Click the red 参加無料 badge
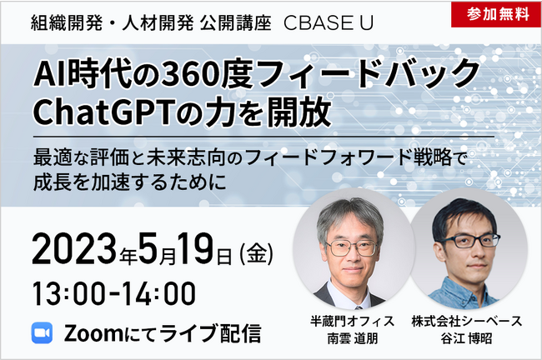498,14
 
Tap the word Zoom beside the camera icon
92,332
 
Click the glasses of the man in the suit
349,247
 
